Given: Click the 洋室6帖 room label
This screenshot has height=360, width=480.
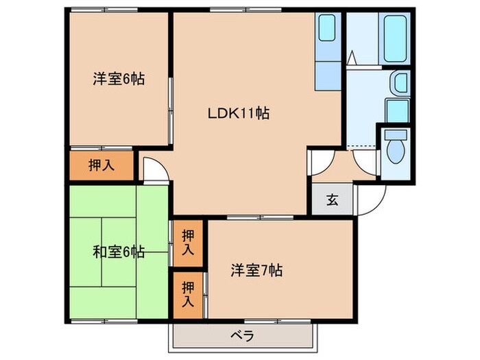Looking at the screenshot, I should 119,80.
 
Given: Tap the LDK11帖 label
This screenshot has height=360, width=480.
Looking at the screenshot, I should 238,114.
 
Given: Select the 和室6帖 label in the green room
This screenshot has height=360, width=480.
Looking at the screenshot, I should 119,252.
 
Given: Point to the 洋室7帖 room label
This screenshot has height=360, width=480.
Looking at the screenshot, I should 256,270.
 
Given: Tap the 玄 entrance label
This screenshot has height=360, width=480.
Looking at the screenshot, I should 332,200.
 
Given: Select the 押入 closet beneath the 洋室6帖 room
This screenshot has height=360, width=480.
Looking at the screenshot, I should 101,165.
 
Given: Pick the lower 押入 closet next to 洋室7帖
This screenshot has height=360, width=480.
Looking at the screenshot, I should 188,293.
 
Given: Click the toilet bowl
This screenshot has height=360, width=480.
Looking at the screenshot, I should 394,153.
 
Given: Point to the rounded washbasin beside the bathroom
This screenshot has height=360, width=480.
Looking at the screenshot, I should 398,85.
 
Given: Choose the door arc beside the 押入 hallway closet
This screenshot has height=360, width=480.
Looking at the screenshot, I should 155,168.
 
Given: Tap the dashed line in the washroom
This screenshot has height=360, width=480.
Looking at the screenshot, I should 362,147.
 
